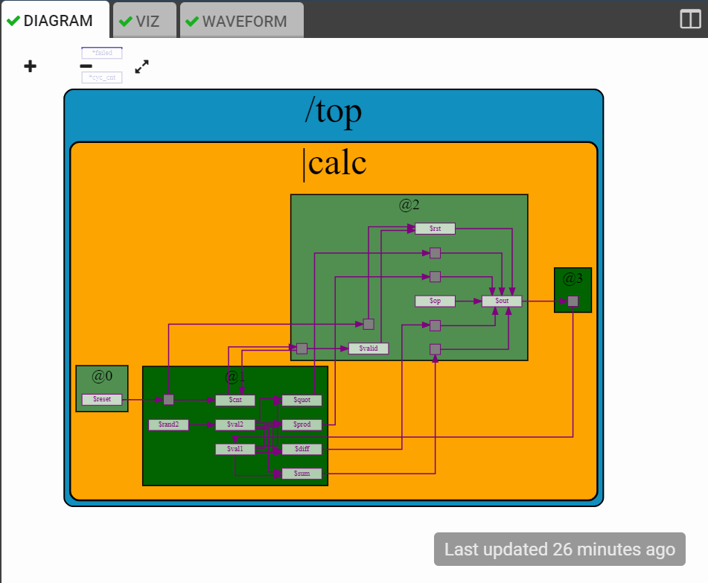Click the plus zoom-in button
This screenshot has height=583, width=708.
(30, 67)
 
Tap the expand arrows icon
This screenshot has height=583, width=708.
(142, 67)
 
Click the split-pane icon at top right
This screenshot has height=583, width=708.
(690, 19)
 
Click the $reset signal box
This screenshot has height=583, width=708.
(102, 400)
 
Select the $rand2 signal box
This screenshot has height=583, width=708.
(168, 424)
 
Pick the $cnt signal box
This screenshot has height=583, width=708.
(235, 400)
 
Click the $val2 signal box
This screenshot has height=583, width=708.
(235, 424)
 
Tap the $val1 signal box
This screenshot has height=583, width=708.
(235, 449)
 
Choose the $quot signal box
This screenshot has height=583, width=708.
(302, 400)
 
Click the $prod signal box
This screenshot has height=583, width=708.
(302, 424)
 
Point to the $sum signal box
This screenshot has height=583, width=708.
(302, 474)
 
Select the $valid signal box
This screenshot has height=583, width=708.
(369, 348)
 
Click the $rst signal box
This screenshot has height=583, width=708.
(435, 229)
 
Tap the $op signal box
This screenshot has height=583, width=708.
(435, 301)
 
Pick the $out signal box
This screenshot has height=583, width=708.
(502, 301)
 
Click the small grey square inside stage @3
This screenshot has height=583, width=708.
(573, 301)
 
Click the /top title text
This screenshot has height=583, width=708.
(333, 112)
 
